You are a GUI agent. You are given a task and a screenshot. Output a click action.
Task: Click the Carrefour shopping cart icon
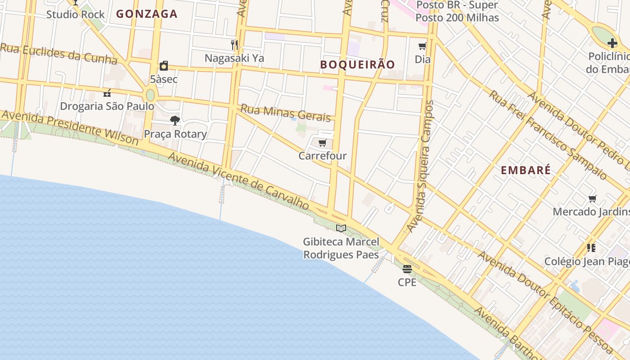pos(322,143)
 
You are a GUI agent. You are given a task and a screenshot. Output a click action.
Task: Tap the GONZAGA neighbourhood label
pos(147,14)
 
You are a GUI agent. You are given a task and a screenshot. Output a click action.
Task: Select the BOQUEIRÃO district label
pos(357,64)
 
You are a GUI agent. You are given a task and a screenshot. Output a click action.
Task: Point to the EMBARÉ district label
pos(526,170)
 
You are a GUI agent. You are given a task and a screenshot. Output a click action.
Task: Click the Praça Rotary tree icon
pos(175,120)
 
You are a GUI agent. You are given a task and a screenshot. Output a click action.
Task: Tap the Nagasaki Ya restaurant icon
pos(234,45)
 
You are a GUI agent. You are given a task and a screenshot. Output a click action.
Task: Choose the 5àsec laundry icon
pos(164,66)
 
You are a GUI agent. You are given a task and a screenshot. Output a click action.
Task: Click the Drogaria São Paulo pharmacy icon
pos(107,93)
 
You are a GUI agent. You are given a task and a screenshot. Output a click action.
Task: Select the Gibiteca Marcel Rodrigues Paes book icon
pos(341,228)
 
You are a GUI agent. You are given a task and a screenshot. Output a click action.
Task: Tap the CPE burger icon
pos(407,269)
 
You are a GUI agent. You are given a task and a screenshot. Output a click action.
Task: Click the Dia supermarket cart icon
pos(422,46)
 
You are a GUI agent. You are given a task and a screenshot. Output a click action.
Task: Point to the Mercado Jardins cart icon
pos(593,198)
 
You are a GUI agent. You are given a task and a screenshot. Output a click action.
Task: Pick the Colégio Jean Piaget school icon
pos(591,247)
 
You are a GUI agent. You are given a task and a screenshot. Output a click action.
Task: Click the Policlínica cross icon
pos(612,43)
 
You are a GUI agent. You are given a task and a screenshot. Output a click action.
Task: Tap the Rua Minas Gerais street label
pos(285,112)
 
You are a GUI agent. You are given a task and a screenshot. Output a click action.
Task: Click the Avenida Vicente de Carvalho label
pos(238,181)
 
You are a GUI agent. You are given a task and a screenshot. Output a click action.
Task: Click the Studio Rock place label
pos(76,14)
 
